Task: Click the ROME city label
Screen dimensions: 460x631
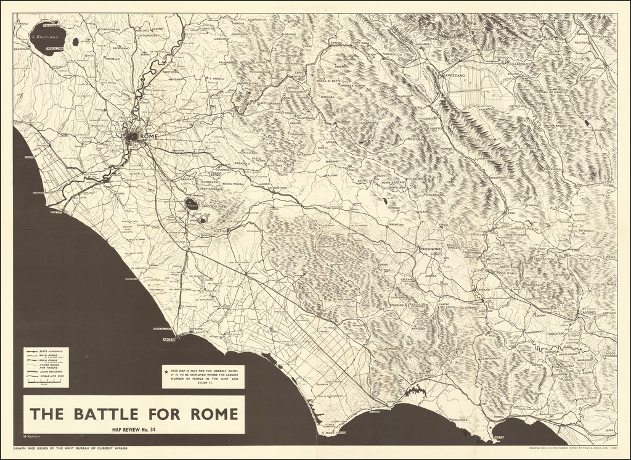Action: (150, 136)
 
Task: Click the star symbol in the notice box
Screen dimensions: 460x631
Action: (166, 371)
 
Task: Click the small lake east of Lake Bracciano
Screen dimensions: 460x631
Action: (75, 42)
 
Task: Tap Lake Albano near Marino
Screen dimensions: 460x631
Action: (192, 203)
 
